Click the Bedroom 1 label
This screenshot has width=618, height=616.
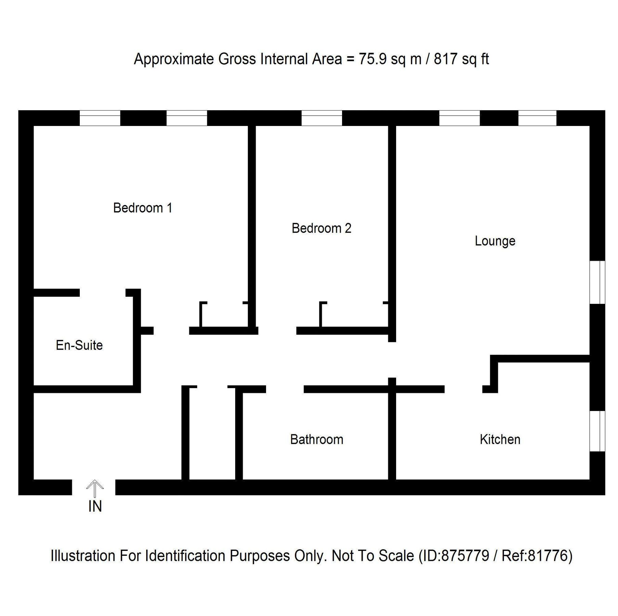coord(142,208)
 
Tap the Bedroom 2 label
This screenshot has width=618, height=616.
coord(321,228)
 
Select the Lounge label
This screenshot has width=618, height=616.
coord(495,241)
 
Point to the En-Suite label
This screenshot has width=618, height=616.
coord(79,345)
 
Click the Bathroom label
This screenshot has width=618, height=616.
coord(316,439)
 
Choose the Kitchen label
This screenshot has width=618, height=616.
coord(500,439)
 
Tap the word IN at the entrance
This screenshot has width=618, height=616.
coord(95,507)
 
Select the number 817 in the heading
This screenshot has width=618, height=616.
coord(445,59)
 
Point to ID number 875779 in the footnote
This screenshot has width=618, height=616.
coord(465,556)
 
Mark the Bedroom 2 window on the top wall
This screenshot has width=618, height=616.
coord(321,118)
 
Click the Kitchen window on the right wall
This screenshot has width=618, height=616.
coord(597,431)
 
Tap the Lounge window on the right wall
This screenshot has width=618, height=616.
coord(597,282)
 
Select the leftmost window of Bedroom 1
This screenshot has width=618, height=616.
coord(100,118)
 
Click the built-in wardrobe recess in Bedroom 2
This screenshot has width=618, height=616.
coord(354,316)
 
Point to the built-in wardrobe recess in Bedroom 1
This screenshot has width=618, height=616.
coord(224,316)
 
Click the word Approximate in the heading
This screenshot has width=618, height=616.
coord(174,60)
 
